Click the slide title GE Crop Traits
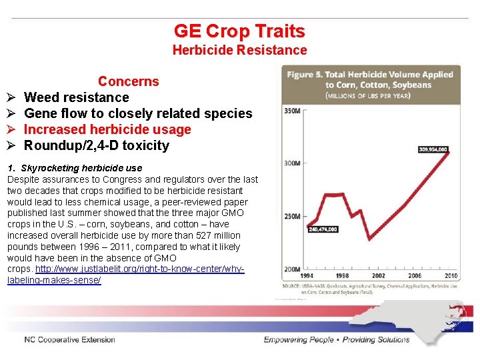239,31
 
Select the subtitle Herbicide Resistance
239,50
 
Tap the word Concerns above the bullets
129,81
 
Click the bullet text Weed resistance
76,97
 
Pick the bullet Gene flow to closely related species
138,113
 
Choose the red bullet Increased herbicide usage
107,129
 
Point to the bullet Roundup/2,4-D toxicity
97,145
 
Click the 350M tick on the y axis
292,111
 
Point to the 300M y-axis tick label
292,163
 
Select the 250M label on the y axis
292,216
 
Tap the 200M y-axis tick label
292,268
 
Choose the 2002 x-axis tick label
379,275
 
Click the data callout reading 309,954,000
433,149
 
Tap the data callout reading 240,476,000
323,229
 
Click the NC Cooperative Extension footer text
70,340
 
